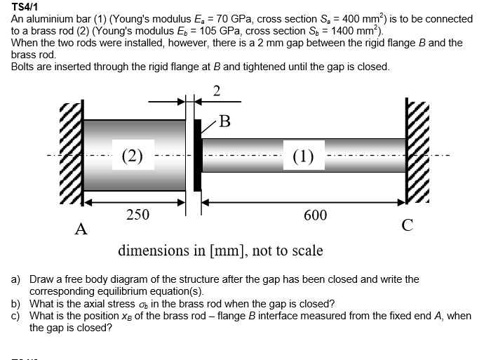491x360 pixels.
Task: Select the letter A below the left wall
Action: [x=81, y=229]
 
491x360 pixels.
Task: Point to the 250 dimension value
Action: [x=137, y=215]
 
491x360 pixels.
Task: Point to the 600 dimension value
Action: [x=315, y=215]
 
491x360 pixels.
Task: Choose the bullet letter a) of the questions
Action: [x=15, y=279]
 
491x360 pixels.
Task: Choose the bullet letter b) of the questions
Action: [x=15, y=304]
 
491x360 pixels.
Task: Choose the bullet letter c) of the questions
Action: [x=15, y=316]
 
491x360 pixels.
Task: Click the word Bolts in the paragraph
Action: [x=25, y=67]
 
